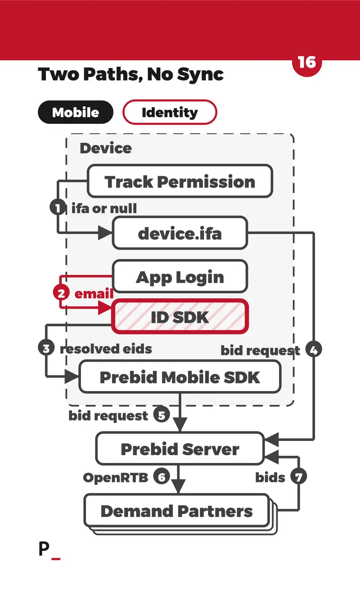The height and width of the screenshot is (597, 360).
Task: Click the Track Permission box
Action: coord(180,181)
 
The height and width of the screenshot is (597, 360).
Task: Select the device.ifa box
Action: coord(180,233)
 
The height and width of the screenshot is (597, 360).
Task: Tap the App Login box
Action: coord(180,276)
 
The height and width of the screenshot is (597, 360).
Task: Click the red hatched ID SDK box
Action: coord(180,316)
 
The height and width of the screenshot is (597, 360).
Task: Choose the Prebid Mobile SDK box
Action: coord(180,377)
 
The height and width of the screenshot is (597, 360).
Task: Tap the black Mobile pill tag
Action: coord(76,112)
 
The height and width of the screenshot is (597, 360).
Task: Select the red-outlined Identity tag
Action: coord(170,112)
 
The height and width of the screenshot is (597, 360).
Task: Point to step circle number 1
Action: coord(58,207)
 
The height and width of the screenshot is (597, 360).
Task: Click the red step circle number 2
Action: coord(61,293)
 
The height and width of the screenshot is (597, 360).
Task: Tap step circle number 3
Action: coord(46,348)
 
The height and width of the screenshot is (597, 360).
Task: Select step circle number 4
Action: coord(314,350)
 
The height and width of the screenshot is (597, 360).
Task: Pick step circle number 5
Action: coord(162,414)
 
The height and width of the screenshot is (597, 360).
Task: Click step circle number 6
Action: coord(162,476)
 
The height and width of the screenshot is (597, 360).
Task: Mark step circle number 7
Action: coord(298,476)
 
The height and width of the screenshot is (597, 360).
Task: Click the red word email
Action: coord(94,293)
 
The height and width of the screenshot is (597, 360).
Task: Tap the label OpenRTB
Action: coord(116,477)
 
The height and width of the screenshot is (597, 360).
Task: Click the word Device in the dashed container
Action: coord(106,148)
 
